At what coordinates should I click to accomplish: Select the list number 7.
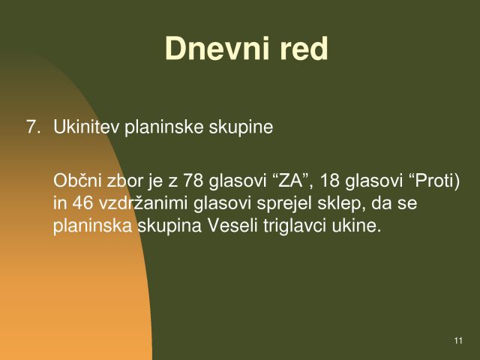(33, 126)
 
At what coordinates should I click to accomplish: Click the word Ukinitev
(86, 126)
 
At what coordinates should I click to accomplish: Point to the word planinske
(163, 127)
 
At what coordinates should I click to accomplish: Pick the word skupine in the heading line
(241, 127)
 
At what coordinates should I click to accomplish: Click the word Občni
(77, 180)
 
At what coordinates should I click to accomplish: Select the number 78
(193, 181)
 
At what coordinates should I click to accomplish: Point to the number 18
(329, 181)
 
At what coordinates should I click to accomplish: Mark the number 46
(82, 203)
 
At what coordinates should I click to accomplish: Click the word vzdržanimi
(143, 202)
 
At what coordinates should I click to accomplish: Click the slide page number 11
(458, 340)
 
